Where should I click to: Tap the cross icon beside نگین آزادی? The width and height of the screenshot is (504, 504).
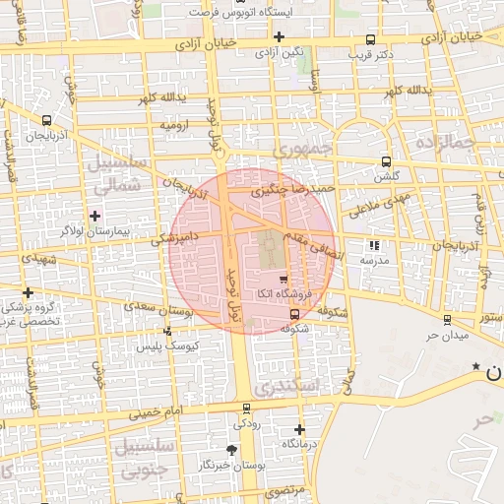(280, 36)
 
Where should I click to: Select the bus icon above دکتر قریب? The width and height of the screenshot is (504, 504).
(370, 40)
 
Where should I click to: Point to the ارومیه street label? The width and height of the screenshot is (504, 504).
(174, 126)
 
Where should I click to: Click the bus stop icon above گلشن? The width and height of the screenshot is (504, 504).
(384, 162)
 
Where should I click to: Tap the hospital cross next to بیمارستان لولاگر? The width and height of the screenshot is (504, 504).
(94, 215)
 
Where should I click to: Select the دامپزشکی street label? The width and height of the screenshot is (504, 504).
(173, 237)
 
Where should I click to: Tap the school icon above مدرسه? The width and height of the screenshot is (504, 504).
(373, 245)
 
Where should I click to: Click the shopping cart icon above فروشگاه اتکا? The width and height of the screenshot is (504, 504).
(269, 280)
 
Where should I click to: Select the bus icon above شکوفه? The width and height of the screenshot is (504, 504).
(295, 314)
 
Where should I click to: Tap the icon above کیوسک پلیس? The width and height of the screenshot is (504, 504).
(167, 332)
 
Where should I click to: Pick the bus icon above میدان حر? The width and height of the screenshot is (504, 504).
(447, 319)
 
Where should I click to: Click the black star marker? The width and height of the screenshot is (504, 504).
(476, 366)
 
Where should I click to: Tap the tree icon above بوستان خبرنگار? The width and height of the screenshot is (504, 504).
(231, 449)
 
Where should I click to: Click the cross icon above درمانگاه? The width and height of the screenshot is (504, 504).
(299, 429)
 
